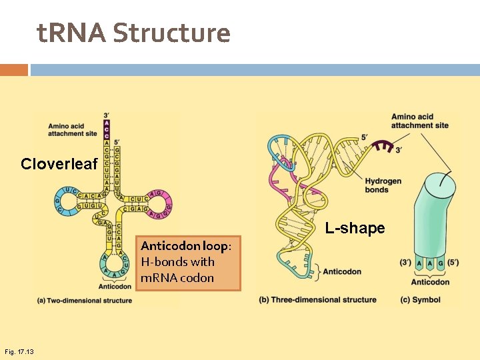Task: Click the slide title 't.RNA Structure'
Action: pyautogui.click(x=133, y=33)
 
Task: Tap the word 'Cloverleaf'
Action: pyautogui.click(x=59, y=164)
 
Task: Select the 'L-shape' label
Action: pyautogui.click(x=355, y=228)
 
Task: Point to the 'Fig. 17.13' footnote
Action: pyautogui.click(x=19, y=351)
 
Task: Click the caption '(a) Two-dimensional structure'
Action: pyautogui.click(x=85, y=301)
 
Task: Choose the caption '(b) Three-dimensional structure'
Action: pyautogui.click(x=317, y=299)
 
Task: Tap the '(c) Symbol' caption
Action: pyautogui.click(x=420, y=299)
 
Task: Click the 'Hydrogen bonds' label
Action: pyautogui.click(x=383, y=185)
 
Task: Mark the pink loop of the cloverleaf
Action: pyautogui.click(x=160, y=202)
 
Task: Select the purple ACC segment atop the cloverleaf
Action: pyautogui.click(x=106, y=129)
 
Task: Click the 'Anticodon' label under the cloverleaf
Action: pyautogui.click(x=115, y=287)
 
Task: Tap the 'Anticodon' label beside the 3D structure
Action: pyautogui.click(x=342, y=271)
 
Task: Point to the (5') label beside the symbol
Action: pyautogui.click(x=453, y=263)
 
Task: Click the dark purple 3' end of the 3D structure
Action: pyautogui.click(x=382, y=146)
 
